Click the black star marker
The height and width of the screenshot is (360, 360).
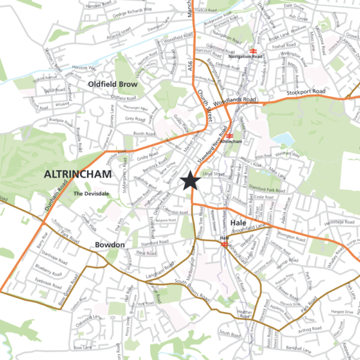[191, 180]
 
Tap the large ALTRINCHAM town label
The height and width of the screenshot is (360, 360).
[78, 175]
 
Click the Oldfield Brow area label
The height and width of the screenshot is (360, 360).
[112, 85]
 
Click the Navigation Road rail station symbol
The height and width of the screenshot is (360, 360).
[254, 50]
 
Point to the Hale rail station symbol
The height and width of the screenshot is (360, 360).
[223, 244]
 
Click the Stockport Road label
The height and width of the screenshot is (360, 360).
[306, 92]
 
